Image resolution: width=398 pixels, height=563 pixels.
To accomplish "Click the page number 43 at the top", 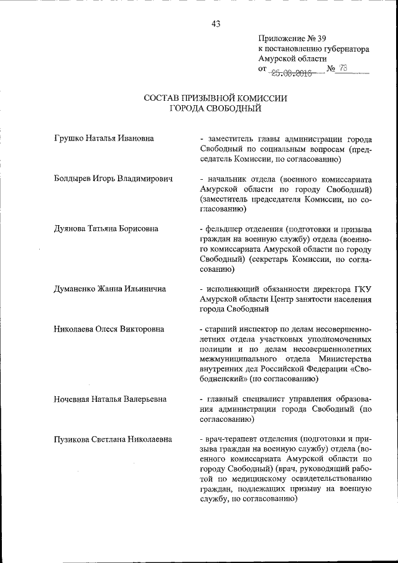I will (x=216, y=24).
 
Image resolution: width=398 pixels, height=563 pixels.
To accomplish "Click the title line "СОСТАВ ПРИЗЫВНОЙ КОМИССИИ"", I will (x=216, y=98).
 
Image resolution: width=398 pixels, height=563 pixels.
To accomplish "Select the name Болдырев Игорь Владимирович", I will (x=113, y=179).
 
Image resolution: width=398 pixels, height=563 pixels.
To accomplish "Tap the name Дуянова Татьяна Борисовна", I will (x=106, y=229).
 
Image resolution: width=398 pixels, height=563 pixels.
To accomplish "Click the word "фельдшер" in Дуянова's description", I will (x=224, y=229).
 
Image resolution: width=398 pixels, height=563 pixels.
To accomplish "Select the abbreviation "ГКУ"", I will (x=361, y=289).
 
